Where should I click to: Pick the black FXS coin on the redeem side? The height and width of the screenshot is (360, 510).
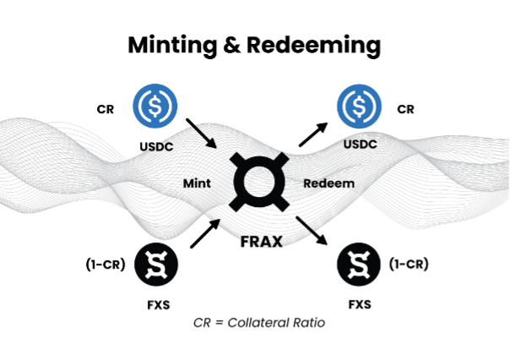(x=359, y=265)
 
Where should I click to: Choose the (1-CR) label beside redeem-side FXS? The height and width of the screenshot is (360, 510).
(x=409, y=265)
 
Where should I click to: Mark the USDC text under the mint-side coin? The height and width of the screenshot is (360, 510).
(x=155, y=145)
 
